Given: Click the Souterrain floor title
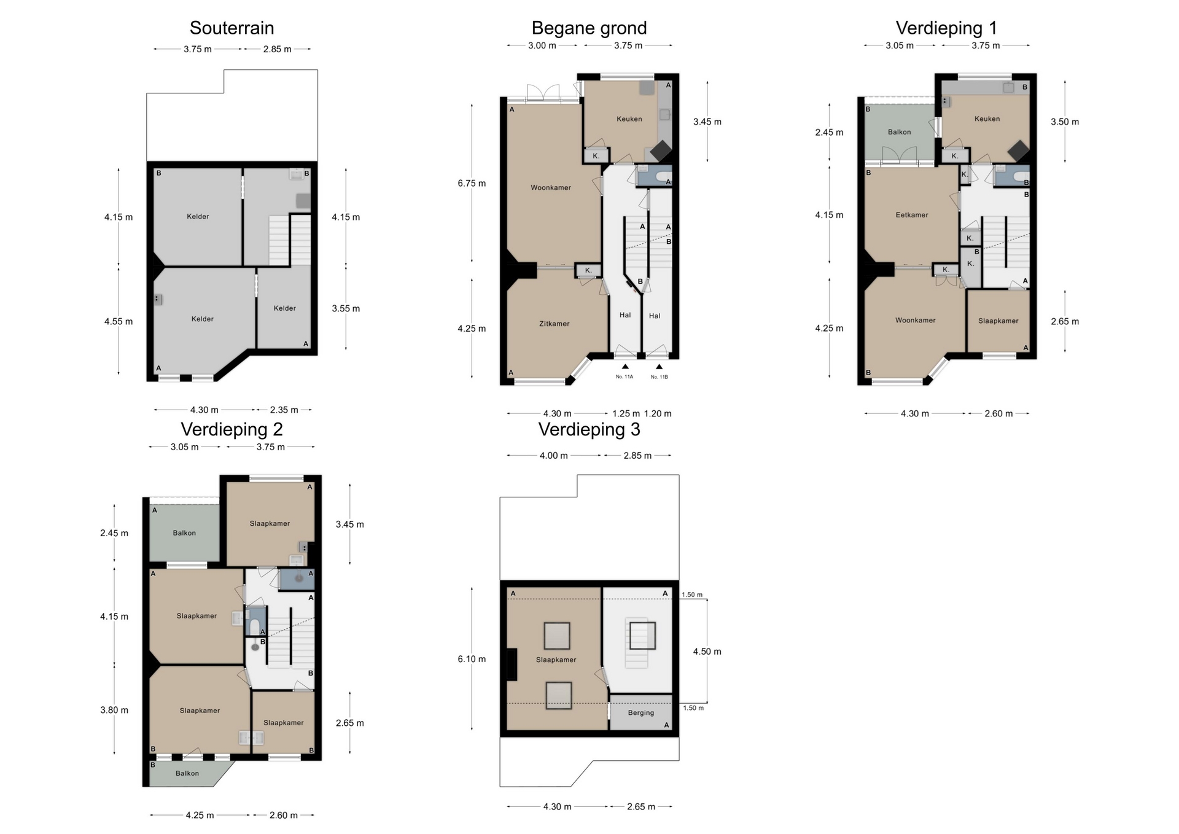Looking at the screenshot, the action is click(x=232, y=28).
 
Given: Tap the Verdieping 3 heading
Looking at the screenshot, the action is click(x=589, y=429).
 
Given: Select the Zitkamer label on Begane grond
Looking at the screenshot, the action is click(x=554, y=324).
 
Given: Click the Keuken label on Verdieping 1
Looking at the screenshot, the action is click(x=987, y=119).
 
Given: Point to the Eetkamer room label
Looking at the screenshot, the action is click(x=912, y=215).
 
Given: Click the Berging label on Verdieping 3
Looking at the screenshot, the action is click(x=641, y=713).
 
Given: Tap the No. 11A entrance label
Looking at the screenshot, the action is click(x=625, y=377).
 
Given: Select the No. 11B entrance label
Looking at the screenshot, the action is click(x=660, y=377).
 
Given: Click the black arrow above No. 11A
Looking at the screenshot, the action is click(x=625, y=367).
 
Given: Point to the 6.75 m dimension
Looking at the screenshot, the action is click(x=472, y=183).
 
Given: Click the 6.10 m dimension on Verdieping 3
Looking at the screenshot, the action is click(x=472, y=659).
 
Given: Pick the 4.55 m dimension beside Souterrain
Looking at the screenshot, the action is click(x=119, y=321).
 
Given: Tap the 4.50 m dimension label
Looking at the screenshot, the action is click(x=707, y=652).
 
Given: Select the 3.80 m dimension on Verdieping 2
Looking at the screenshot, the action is click(x=114, y=710).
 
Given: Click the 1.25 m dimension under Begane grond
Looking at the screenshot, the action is click(x=626, y=414).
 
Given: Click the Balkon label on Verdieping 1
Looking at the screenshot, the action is click(x=899, y=132).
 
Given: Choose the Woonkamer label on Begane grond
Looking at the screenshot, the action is click(x=551, y=188).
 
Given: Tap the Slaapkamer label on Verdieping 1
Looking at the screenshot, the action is click(x=998, y=321).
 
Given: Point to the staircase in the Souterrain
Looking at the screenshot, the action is click(x=289, y=240).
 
